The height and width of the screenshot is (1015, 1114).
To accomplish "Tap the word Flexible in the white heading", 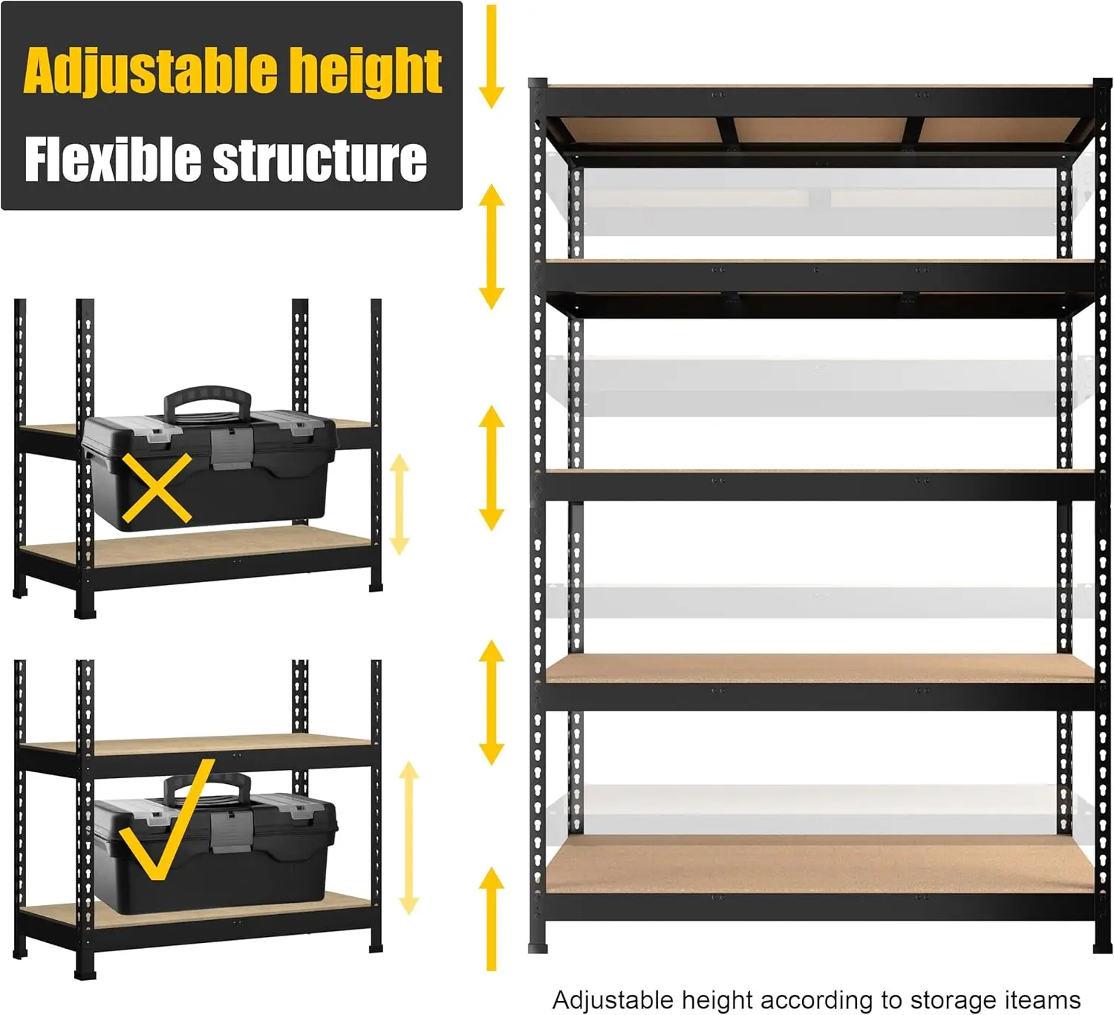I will coord(112,159).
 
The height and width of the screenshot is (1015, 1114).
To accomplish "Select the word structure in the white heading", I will coord(320,159).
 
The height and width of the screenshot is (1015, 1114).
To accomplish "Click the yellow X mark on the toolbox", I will coord(157,488).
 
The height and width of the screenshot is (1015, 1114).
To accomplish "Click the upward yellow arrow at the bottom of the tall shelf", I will coord(491,918).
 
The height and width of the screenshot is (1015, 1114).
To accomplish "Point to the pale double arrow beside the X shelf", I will coord(400,504).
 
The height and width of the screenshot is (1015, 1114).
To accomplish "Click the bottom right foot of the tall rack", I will coord(1102,947).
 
